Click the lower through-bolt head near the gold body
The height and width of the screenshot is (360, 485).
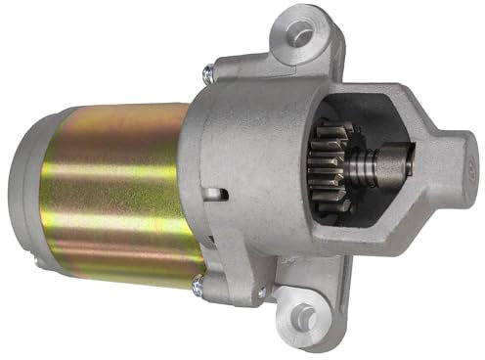198,286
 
